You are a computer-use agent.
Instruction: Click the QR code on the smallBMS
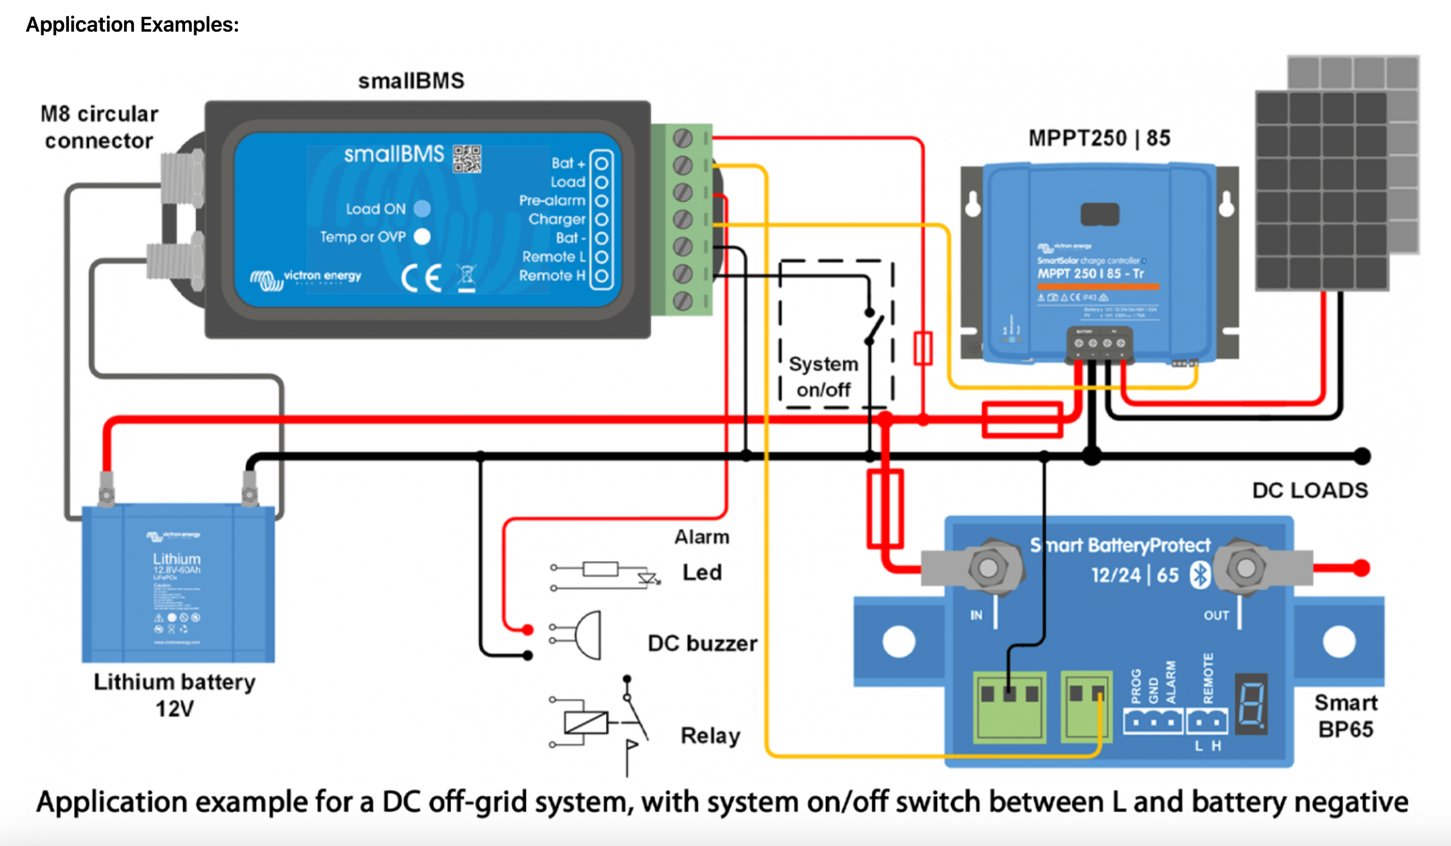(467, 159)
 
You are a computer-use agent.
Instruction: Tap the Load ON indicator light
(422, 209)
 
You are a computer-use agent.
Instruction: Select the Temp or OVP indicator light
(422, 236)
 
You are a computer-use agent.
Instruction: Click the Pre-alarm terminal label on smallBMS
(551, 200)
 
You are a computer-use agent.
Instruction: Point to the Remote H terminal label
(551, 276)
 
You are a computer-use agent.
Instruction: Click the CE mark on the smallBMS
(421, 278)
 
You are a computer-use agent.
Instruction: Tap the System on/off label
(823, 377)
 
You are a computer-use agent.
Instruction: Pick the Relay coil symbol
(586, 722)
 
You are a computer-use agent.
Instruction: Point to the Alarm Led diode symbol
(647, 578)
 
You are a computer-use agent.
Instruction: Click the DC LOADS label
(1310, 491)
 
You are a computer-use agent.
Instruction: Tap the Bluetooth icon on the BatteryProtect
(1200, 575)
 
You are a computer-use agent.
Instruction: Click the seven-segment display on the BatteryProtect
(1251, 703)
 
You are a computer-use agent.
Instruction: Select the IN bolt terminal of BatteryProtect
(988, 568)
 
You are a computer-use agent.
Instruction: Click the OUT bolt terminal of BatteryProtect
(1245, 568)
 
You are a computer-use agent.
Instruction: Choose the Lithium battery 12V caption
(175, 695)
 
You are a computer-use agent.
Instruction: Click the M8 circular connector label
(99, 127)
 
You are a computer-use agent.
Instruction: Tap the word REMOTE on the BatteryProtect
(1208, 677)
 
